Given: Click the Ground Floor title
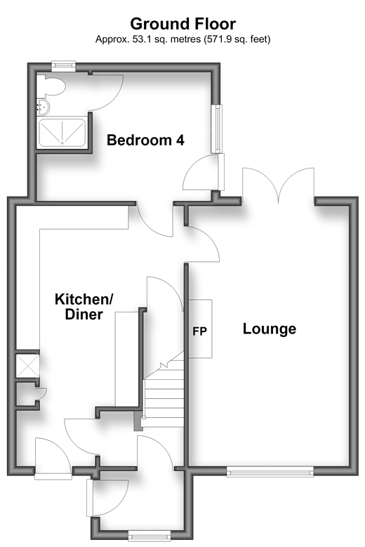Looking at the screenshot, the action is [x=182, y=24].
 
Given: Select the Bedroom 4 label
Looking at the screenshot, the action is [x=145, y=140].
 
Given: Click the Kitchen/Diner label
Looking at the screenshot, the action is [x=84, y=307].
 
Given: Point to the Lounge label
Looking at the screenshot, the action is [x=270, y=329].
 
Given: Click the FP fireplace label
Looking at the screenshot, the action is [x=200, y=331].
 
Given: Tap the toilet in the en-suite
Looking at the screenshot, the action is [x=51, y=86].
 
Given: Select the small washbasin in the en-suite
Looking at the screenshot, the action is [x=43, y=107].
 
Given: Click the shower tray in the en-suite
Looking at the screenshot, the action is [x=62, y=133].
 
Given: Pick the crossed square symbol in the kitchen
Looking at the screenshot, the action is [x=27, y=365].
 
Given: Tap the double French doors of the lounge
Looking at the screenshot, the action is [x=278, y=185].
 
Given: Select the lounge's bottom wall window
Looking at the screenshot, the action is [x=270, y=473].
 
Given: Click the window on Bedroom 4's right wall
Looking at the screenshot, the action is [x=218, y=128].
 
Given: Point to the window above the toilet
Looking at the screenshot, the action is [x=63, y=65].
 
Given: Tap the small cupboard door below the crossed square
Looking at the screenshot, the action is [x=41, y=394].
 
